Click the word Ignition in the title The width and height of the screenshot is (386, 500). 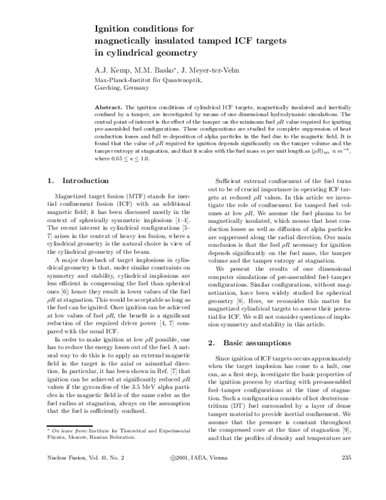pos(113,28)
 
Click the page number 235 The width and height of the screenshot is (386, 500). pos(344,477)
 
